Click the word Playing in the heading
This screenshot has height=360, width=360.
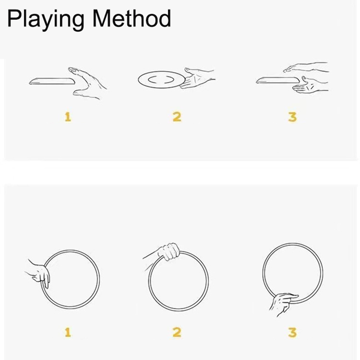[x=45, y=20]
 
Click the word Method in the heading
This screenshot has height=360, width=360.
[x=131, y=18]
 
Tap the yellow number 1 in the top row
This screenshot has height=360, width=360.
[x=68, y=117]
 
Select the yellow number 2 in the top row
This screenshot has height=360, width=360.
[x=177, y=117]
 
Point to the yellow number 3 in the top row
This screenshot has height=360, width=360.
[x=292, y=117]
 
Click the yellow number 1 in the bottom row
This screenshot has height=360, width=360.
[x=68, y=332]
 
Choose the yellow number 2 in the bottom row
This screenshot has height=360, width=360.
[x=177, y=332]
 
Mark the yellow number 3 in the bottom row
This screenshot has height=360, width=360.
[x=292, y=333]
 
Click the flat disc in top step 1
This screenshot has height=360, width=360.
[x=52, y=81]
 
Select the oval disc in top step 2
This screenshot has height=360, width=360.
[x=162, y=80]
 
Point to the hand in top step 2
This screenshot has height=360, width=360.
[x=198, y=78]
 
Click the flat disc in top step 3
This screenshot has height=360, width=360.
[x=278, y=81]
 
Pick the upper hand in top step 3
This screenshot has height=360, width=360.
[x=306, y=67]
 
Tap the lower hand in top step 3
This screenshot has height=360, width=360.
[x=310, y=85]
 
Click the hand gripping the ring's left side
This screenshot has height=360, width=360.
[x=39, y=273]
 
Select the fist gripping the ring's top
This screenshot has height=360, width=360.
[x=163, y=252]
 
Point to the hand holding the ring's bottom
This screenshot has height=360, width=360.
[x=283, y=303]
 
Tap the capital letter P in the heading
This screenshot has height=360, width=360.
[x=14, y=18]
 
